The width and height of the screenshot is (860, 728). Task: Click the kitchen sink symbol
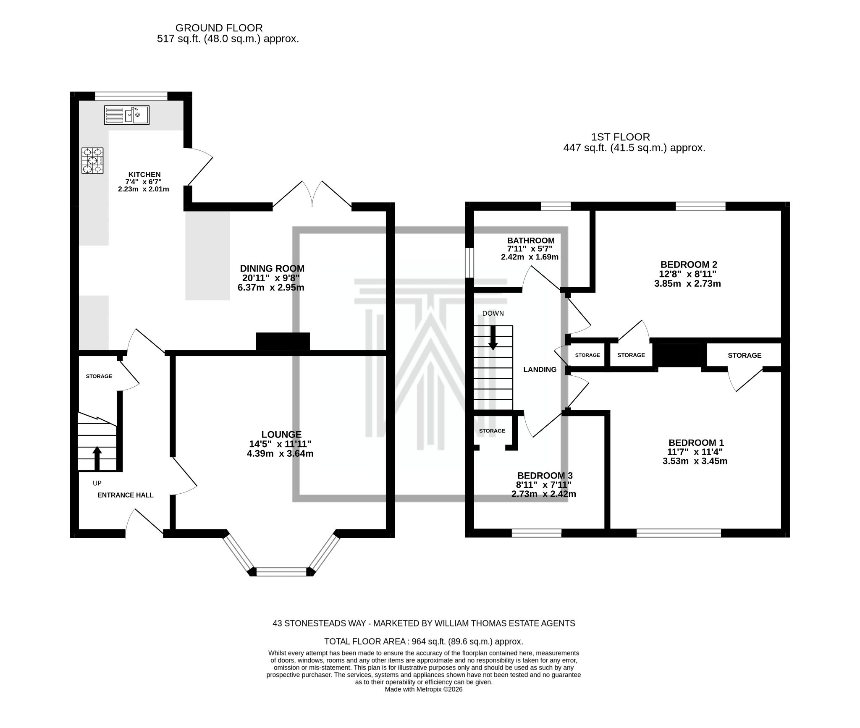tap(126, 115)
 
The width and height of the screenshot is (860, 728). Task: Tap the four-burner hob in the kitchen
tap(92, 160)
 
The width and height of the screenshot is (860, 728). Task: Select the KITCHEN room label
tap(144, 175)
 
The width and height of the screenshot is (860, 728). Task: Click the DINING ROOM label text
tap(272, 269)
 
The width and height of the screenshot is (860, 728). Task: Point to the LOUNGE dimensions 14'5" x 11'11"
tap(280, 444)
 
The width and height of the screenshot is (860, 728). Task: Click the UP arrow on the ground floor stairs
tap(97, 458)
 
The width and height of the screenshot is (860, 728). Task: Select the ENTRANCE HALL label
tap(125, 495)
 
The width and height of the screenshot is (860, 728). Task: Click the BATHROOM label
tap(530, 241)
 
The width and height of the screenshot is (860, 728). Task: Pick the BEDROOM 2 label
tap(688, 264)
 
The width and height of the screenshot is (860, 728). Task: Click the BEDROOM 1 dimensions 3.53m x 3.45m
tap(695, 461)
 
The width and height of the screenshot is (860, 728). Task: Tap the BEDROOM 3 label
tap(545, 476)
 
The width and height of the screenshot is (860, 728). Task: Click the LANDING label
tap(540, 369)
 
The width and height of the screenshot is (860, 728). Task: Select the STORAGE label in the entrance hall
tap(99, 376)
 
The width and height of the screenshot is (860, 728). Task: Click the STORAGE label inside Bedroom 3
tap(492, 431)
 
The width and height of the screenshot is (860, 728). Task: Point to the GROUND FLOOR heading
tap(219, 28)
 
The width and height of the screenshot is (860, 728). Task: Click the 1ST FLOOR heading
tap(620, 137)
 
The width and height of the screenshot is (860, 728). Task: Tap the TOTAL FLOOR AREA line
tap(423, 642)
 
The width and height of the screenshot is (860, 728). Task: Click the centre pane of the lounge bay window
tap(281, 572)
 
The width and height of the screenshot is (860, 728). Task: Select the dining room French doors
tap(312, 195)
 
